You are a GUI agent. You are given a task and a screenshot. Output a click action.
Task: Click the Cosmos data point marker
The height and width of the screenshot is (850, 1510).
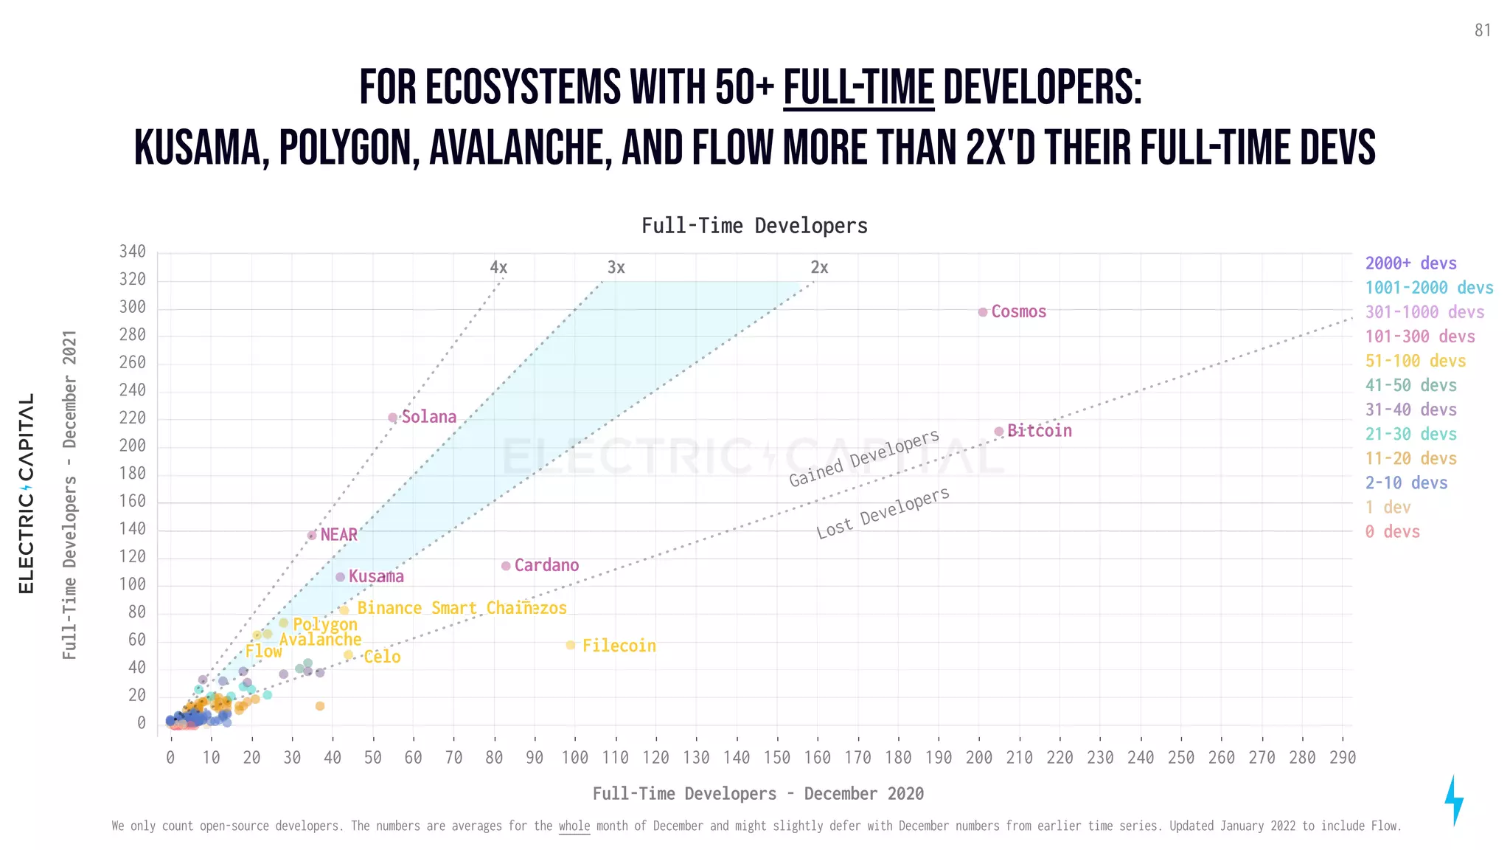point(982,312)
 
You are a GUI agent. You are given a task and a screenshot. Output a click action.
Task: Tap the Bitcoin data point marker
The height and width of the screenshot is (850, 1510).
point(998,432)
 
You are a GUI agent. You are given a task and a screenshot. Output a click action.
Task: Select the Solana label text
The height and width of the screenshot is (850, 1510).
point(428,417)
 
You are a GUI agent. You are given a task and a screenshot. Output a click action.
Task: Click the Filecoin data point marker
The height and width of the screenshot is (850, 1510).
point(570,646)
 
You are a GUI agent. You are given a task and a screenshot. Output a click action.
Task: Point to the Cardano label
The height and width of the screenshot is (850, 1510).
point(546,565)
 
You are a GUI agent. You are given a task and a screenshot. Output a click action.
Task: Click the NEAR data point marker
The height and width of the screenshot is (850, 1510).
point(312,536)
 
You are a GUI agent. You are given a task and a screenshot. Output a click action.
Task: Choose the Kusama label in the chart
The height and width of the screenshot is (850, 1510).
point(376,576)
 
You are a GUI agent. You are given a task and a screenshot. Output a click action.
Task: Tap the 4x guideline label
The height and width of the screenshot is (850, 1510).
point(498,267)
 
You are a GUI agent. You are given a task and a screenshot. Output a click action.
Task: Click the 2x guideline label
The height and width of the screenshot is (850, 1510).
point(819,267)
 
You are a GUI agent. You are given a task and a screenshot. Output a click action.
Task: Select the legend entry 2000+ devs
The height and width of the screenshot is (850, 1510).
point(1410,263)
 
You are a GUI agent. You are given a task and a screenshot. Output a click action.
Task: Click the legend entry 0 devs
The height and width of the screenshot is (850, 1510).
point(1392,531)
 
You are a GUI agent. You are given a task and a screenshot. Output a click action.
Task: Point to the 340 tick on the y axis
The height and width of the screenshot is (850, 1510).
point(133,252)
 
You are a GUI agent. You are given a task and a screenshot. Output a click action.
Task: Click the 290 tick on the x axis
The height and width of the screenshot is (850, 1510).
point(1342,758)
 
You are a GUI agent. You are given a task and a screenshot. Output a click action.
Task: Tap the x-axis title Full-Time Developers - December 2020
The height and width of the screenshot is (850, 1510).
point(758,794)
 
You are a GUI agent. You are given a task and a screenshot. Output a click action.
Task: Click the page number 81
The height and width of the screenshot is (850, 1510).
point(1483,30)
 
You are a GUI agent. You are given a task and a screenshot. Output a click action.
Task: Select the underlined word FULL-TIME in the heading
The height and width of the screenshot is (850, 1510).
point(858,88)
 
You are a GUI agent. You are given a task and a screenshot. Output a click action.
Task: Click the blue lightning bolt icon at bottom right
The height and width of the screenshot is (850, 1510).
point(1453,801)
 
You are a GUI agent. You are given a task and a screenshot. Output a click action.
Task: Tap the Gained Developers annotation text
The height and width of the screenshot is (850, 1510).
point(864,458)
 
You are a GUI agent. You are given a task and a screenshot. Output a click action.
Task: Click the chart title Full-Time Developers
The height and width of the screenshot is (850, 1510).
point(754,226)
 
